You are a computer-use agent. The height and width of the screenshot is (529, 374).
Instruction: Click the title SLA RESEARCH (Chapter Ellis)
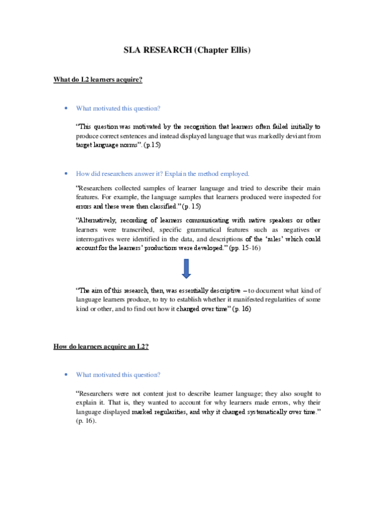click(x=186, y=51)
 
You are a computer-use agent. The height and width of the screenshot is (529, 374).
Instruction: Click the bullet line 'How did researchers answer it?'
click(x=162, y=173)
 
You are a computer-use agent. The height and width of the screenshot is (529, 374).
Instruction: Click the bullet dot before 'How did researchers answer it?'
click(x=66, y=173)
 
